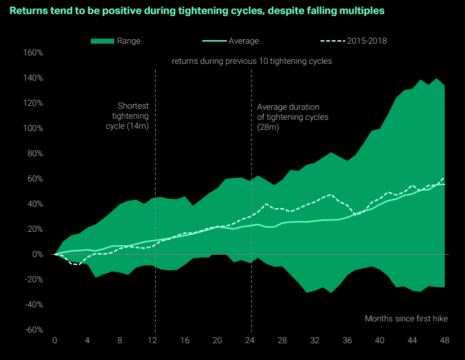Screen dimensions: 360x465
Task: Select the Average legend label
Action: pyautogui.click(x=244, y=41)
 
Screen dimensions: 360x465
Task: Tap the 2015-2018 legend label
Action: pyautogui.click(x=367, y=41)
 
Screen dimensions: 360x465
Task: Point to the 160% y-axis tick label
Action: pyautogui.click(x=33, y=53)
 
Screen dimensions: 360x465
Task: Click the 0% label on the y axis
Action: pyautogui.click(x=38, y=254)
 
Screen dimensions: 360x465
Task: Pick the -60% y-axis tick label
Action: pyautogui.click(x=33, y=330)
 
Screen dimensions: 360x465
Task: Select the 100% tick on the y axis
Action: pyautogui.click(x=33, y=128)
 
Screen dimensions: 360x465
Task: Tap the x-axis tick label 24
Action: pyautogui.click(x=250, y=341)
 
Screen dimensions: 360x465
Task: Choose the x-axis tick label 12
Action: pyautogui.click(x=152, y=341)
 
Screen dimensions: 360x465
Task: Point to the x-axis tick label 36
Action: pyautogui.click(x=348, y=341)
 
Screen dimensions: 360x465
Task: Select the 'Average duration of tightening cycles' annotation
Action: pyautogui.click(x=292, y=117)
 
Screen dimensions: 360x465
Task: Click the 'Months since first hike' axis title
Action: pyautogui.click(x=406, y=319)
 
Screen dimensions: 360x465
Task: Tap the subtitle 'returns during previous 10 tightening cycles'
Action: pyautogui.click(x=252, y=61)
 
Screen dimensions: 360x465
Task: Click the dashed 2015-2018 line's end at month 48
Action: pyautogui.click(x=445, y=177)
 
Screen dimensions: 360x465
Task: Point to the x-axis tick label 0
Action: pyautogui.click(x=55, y=341)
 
